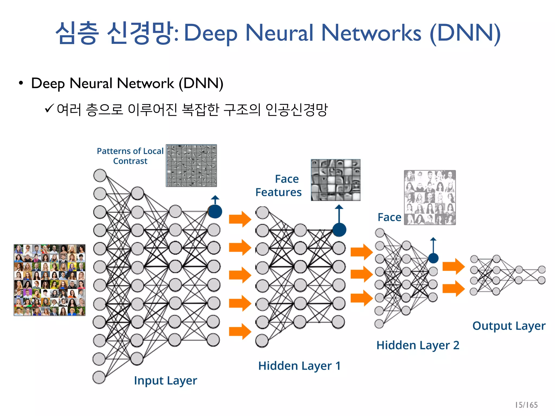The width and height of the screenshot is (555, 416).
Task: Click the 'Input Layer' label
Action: click(x=165, y=381)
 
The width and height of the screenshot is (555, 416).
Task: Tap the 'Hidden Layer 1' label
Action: click(x=299, y=366)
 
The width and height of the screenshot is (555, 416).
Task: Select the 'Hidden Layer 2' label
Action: click(x=418, y=345)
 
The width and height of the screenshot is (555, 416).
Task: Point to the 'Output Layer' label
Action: click(x=509, y=326)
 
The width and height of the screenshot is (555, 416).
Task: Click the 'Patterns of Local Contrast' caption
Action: click(x=130, y=156)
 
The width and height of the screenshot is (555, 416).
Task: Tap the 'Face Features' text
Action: click(x=279, y=186)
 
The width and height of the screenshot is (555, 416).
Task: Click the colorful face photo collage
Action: click(x=50, y=280)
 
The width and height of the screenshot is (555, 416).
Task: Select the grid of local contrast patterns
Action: click(x=191, y=165)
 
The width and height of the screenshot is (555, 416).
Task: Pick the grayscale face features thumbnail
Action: click(x=335, y=180)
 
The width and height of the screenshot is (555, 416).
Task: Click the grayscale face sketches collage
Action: click(x=430, y=197)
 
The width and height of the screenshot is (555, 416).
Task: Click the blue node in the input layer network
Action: click(x=215, y=212)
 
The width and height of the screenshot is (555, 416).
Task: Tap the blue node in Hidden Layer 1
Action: click(x=339, y=230)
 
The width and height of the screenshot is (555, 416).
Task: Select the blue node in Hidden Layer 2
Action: click(x=433, y=258)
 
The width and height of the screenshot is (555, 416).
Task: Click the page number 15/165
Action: click(x=526, y=405)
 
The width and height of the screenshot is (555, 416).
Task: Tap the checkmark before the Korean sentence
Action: click(x=49, y=109)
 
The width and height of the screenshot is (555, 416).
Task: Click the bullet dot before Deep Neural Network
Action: click(x=21, y=83)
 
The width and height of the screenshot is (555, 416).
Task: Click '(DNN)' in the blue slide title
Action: click(x=465, y=33)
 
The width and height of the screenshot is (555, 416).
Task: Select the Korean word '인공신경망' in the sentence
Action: click(x=296, y=110)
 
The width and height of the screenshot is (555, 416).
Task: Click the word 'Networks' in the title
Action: click(x=371, y=33)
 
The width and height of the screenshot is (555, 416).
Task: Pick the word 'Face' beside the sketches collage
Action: click(x=389, y=217)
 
